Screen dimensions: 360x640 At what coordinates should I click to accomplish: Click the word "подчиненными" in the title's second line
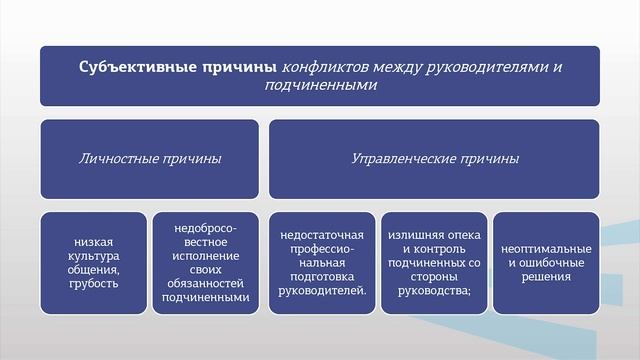320,86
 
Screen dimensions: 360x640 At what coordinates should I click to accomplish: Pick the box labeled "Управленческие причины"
434,159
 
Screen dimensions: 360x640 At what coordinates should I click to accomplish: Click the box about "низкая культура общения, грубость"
93,262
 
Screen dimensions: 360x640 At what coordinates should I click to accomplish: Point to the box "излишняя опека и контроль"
435,262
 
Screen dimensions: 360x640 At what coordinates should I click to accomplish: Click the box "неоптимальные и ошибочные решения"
546,262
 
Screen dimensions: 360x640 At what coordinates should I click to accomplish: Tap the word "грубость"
93,283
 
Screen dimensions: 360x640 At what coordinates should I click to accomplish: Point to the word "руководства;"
435,290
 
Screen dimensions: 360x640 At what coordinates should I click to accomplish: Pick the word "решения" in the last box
546,276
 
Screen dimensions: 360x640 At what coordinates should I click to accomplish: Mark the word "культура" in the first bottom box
93,255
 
